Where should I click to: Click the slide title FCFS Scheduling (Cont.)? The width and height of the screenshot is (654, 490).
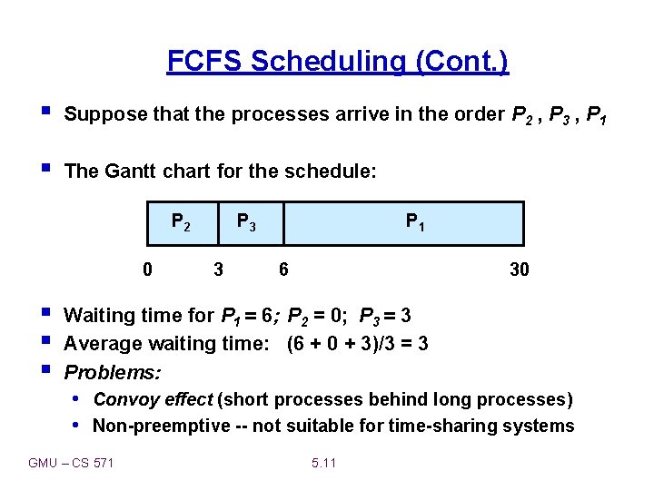338,62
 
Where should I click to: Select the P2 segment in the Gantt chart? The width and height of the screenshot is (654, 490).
182,223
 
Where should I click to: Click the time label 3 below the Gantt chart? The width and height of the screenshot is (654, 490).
218,269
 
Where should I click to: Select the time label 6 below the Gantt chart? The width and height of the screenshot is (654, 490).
284,269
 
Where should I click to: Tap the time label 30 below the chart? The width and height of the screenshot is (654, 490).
519,269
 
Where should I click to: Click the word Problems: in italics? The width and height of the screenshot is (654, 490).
113,373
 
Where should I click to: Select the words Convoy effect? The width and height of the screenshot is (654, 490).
154,399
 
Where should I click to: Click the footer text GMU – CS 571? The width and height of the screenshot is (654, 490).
72,463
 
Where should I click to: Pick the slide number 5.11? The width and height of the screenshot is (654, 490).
323,463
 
